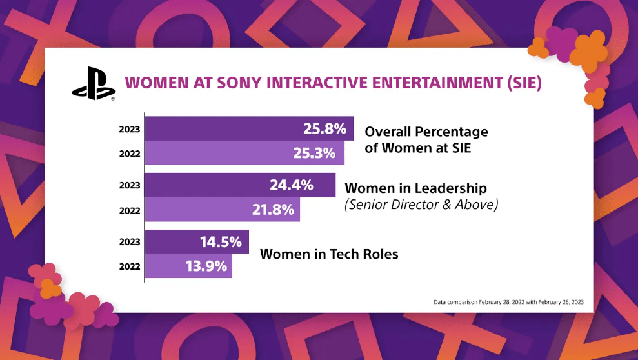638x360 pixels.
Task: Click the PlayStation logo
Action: [x=92, y=85]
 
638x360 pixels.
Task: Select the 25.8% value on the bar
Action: [x=325, y=128]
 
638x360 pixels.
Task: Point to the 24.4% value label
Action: [x=292, y=185]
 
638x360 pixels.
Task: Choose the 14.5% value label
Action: [x=221, y=242]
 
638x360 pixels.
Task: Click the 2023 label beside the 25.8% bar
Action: [x=129, y=129]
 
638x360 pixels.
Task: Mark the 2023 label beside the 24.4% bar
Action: [x=129, y=185]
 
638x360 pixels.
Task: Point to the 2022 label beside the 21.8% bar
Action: [x=129, y=210]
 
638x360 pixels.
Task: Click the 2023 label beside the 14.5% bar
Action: [x=129, y=242]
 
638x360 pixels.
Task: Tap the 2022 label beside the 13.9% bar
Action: [x=129, y=266]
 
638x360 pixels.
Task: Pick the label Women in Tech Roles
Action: [x=329, y=254]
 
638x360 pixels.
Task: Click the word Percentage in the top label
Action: [x=450, y=132]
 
